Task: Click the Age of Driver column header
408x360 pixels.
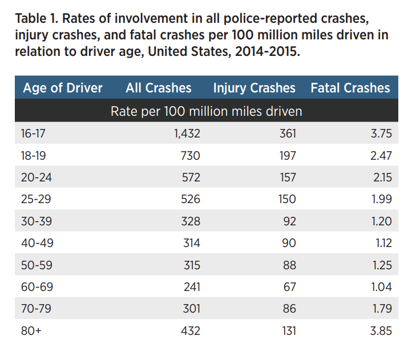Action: click(62, 88)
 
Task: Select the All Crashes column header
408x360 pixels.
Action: click(158, 88)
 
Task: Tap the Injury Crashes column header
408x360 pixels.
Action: click(254, 88)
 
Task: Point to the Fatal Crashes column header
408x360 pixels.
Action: click(350, 88)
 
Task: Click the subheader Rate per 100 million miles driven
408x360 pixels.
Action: click(206, 111)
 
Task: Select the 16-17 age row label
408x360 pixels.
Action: click(33, 134)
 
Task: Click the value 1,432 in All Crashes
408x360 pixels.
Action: click(187, 134)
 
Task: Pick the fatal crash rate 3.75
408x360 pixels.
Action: click(380, 134)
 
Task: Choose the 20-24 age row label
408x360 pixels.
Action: click(36, 177)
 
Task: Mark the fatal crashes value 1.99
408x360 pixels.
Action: click(381, 199)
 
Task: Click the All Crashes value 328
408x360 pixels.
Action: click(191, 221)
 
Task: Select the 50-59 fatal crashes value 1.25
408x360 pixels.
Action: click(381, 265)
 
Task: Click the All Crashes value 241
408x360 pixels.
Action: click(191, 287)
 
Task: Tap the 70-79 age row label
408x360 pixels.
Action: click(36, 309)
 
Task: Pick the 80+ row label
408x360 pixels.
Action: click(31, 331)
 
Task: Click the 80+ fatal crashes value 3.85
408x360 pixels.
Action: click(380, 331)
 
